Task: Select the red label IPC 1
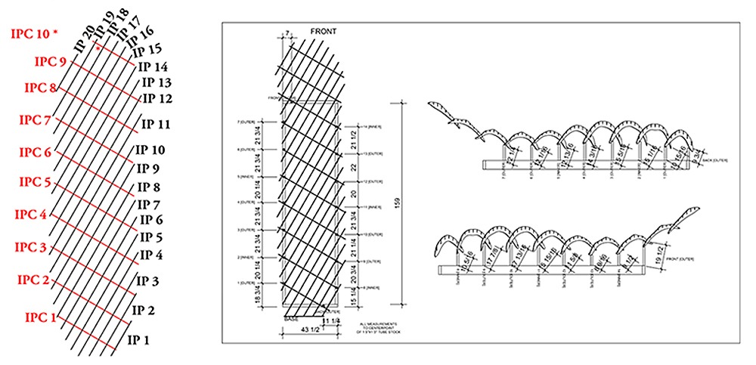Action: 41,317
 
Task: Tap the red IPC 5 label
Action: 35,182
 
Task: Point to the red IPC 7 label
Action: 35,119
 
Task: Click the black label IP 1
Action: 138,339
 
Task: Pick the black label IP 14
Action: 153,67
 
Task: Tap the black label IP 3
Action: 146,281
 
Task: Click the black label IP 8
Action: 148,187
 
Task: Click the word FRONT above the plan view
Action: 324,31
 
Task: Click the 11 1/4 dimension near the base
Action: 330,321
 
